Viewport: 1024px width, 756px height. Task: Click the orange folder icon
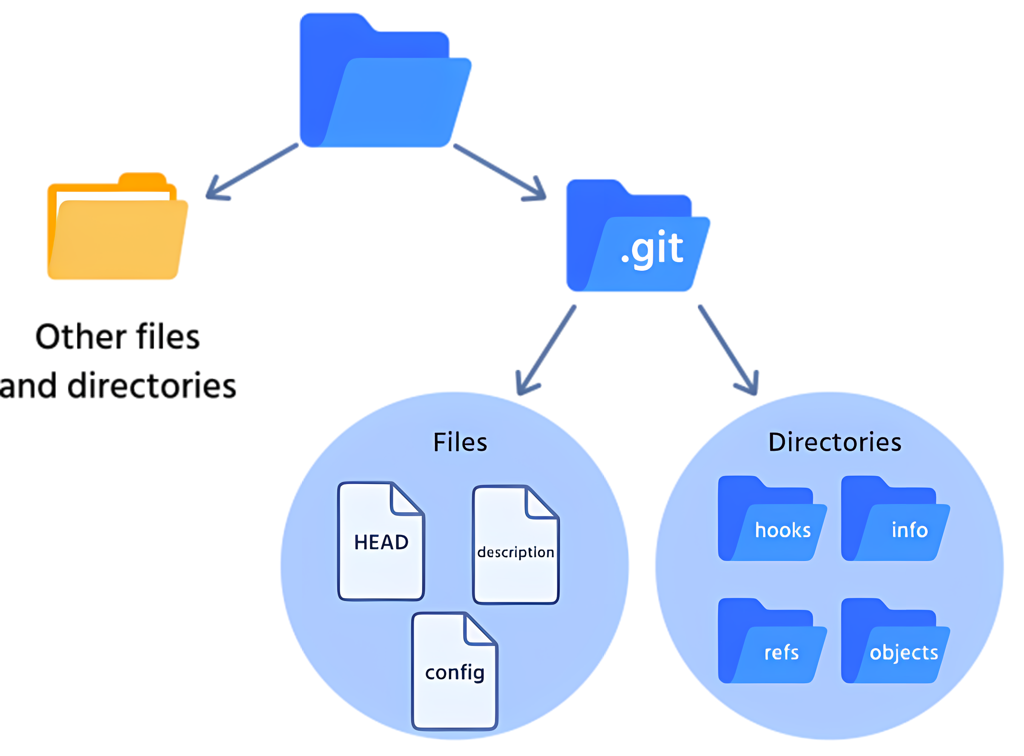click(x=117, y=229)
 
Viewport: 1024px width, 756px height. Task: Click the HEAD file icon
click(x=381, y=542)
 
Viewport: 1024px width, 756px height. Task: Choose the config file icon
click(x=454, y=673)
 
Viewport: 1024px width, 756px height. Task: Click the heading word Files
click(x=460, y=443)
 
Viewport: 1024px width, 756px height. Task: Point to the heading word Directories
click(x=835, y=443)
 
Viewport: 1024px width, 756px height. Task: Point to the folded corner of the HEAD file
click(x=405, y=500)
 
